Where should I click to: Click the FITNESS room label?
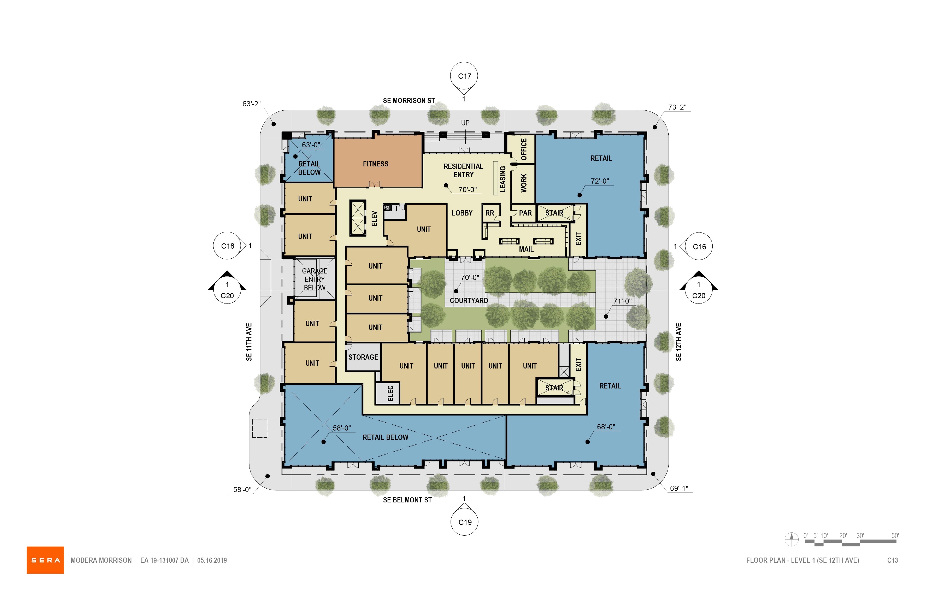coord(375,164)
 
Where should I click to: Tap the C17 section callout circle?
coord(464,76)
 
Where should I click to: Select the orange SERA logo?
coord(45,560)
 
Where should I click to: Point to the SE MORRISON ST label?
coord(409,101)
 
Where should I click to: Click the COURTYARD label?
coord(469,300)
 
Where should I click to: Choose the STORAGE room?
coord(363,357)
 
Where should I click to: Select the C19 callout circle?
coord(465,522)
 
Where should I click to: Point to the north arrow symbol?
coord(792,539)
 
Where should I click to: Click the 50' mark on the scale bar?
coord(895,536)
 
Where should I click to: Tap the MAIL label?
coord(526,249)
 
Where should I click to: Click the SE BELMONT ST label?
coord(407,500)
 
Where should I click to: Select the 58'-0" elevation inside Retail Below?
coord(342,428)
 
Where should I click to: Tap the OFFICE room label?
coord(524,149)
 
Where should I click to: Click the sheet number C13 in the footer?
coord(892,560)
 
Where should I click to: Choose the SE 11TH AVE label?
coord(249,342)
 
